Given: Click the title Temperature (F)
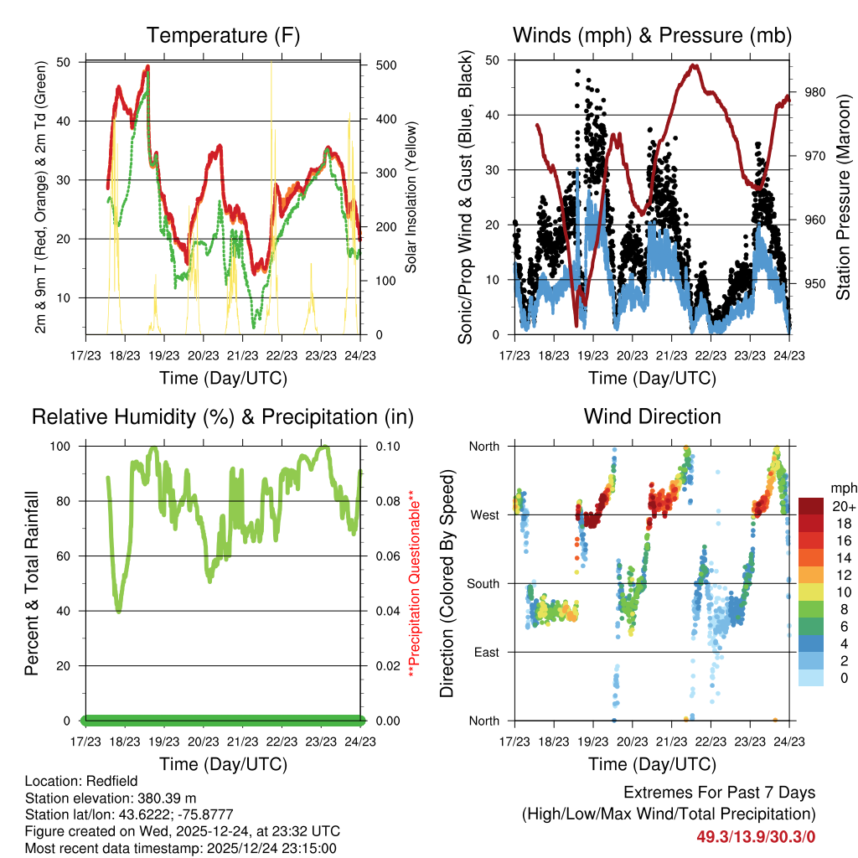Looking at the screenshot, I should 223,35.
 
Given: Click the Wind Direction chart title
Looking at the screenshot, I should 652,416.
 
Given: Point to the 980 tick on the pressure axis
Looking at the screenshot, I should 815,92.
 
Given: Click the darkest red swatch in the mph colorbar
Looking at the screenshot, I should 812,506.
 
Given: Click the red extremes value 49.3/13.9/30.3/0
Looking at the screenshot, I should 756,836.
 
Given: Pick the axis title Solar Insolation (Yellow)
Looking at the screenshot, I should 411,196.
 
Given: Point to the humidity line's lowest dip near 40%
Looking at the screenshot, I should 119,610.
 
